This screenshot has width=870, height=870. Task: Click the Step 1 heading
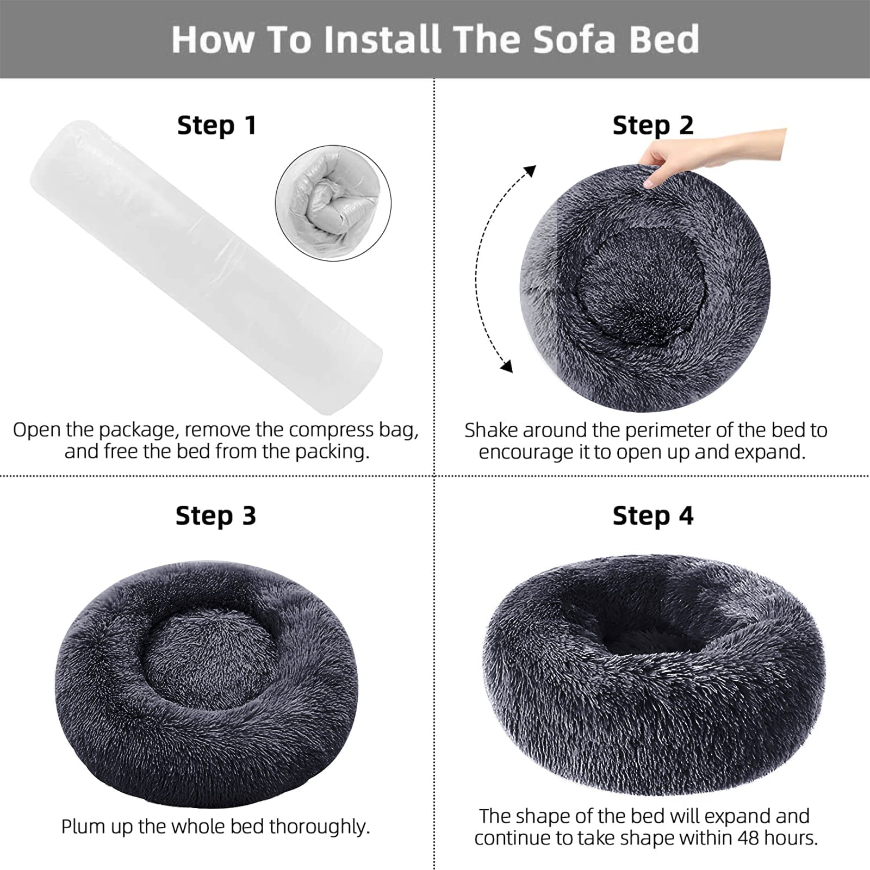216,126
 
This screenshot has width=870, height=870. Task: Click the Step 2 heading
653,126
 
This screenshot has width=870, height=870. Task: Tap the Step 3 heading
216,515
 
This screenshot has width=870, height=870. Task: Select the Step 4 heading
653,515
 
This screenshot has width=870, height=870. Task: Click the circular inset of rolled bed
333,203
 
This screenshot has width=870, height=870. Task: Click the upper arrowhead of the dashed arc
530,171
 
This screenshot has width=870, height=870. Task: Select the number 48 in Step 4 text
749,838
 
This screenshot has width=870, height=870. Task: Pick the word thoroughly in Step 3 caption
320,826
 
